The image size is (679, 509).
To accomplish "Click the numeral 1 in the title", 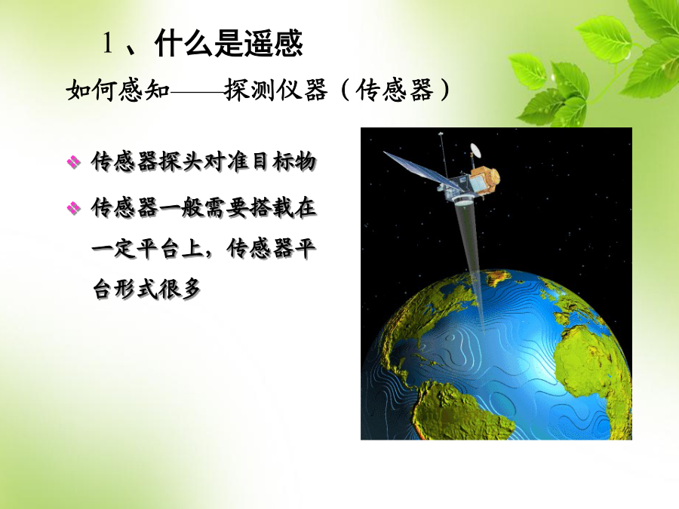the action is click(x=108, y=43).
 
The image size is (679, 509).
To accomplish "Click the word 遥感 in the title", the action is click(x=273, y=43).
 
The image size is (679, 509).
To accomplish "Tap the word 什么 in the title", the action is click(x=184, y=43).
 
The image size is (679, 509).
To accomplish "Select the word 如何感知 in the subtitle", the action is click(x=118, y=90).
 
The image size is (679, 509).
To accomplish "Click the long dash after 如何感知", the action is click(x=198, y=91).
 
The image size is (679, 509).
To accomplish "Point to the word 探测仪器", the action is click(x=276, y=90).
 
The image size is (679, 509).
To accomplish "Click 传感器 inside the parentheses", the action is click(x=395, y=90).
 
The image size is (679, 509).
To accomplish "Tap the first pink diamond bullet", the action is click(x=74, y=162).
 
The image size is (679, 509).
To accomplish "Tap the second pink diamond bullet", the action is click(x=74, y=209).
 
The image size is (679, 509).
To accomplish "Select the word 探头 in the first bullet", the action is click(x=181, y=162).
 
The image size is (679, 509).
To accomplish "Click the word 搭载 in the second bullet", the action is click(x=272, y=208).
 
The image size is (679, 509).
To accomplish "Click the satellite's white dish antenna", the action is click(x=475, y=150).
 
